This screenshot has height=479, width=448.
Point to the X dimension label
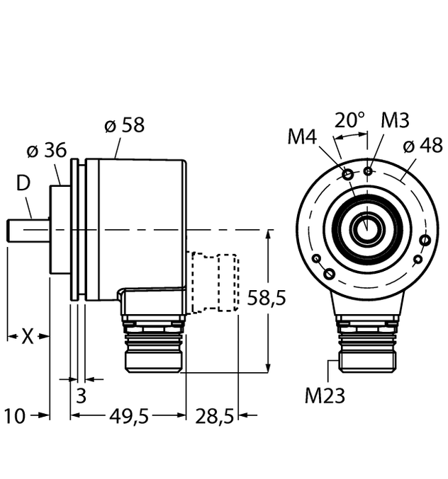pyautogui.click(x=27, y=337)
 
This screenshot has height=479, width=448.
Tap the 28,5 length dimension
pyautogui.click(x=213, y=417)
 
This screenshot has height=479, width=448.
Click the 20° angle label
pyautogui.click(x=349, y=120)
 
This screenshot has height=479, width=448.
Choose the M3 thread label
pyautogui.click(x=395, y=120)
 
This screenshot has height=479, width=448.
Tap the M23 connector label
pyautogui.click(x=325, y=396)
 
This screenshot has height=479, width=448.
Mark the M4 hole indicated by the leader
pyautogui.click(x=348, y=174)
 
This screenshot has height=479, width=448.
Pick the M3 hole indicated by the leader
pyautogui.click(x=367, y=171)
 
